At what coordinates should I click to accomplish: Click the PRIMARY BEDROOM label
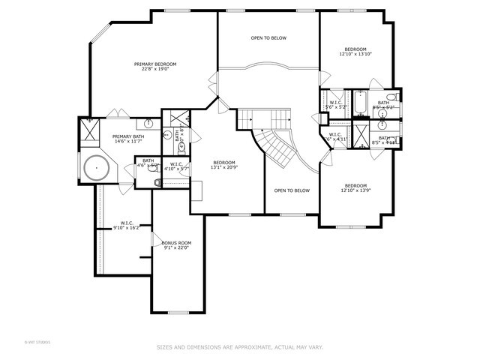coord(155,64)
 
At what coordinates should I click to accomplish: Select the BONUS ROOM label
coord(177,243)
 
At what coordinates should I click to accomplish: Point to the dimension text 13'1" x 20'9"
coord(224,168)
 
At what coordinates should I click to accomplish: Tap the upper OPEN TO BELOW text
coord(268,38)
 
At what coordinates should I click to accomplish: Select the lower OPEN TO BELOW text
coord(292,190)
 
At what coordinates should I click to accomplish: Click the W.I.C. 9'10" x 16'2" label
coord(127,226)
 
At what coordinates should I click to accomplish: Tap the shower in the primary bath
coord(90,132)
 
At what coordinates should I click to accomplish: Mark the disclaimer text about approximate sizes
coord(239,346)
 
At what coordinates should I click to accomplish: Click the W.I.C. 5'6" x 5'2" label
coord(334,105)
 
